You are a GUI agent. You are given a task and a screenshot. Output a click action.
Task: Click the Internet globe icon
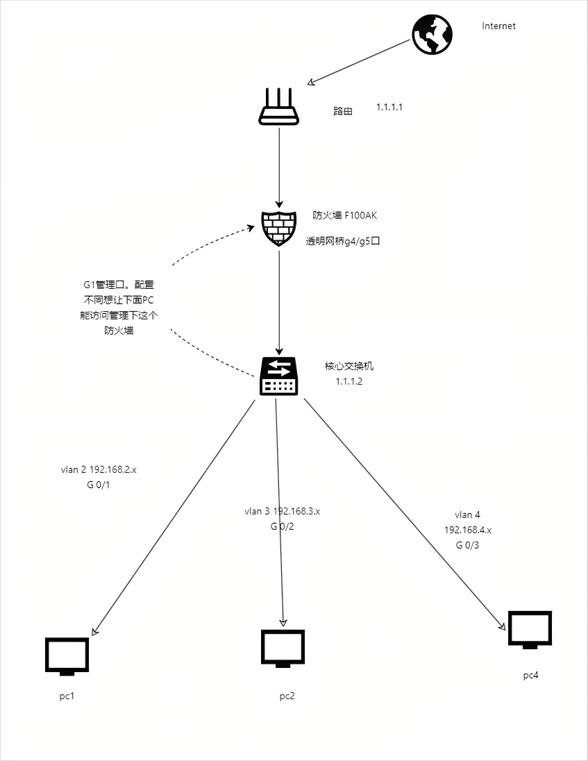coord(432,35)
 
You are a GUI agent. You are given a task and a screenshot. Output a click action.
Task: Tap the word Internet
coord(498,26)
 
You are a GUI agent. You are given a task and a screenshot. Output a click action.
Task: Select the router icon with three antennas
coord(278,107)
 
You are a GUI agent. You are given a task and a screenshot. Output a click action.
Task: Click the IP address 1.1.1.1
coord(389,107)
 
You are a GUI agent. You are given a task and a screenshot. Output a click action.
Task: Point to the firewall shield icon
coord(279,228)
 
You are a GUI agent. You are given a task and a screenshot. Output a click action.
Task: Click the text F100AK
coord(360,215)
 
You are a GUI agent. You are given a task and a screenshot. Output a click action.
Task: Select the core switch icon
coord(279,376)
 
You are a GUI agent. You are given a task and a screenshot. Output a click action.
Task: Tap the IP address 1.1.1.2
coord(348,381)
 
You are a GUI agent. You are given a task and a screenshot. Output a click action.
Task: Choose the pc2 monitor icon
coord(283,649)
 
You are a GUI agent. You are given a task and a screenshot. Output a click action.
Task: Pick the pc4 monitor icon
coord(530,630)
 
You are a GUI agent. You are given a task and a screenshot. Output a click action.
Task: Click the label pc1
coord(67,696)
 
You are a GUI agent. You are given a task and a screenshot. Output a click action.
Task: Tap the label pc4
coord(531,676)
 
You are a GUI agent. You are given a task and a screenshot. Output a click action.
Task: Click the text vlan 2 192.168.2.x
coord(99,470)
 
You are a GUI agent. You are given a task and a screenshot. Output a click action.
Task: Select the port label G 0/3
coord(467,545)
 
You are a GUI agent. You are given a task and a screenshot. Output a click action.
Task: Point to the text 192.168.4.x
coord(468,530)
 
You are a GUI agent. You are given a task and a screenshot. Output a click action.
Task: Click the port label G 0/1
coord(99,485)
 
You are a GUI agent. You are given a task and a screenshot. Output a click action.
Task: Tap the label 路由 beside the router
coord(343,111)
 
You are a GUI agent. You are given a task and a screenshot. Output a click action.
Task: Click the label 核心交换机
coord(349,367)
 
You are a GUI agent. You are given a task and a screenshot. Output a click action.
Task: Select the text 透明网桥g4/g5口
coord(342,241)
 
